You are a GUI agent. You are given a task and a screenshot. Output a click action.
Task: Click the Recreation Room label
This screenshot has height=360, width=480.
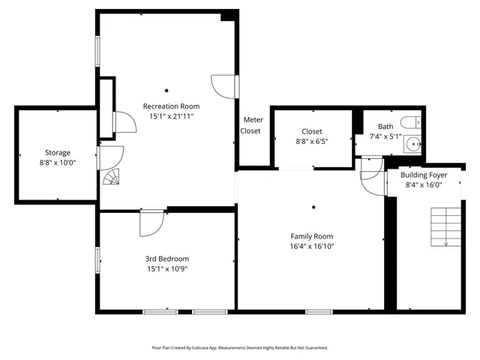(x=172, y=106)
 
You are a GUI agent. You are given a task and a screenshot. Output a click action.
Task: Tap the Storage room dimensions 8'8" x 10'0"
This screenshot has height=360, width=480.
(x=57, y=162)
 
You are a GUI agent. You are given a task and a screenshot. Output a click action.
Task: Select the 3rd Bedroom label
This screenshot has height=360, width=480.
(x=167, y=259)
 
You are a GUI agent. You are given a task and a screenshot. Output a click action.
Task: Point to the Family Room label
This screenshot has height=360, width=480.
(x=312, y=235)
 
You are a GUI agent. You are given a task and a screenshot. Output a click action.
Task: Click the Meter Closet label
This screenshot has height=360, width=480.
(x=250, y=125)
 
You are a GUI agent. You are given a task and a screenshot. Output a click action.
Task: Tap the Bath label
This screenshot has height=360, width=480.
(x=385, y=127)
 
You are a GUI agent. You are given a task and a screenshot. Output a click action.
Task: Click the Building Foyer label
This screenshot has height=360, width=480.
(x=424, y=175)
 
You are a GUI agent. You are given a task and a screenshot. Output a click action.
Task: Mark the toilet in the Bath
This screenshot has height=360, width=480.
(x=409, y=122)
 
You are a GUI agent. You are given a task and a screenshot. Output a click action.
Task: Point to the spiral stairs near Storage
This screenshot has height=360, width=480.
(x=111, y=177)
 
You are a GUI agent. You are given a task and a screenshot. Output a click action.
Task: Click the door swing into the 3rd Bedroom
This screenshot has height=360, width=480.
(x=151, y=223)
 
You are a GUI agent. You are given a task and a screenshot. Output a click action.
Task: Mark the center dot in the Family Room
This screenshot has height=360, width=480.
(x=313, y=208)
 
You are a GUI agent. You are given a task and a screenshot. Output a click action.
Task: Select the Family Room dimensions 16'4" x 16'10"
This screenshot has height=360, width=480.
(x=312, y=246)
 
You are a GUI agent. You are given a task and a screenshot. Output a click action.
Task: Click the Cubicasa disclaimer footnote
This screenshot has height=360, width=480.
(x=239, y=348)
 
